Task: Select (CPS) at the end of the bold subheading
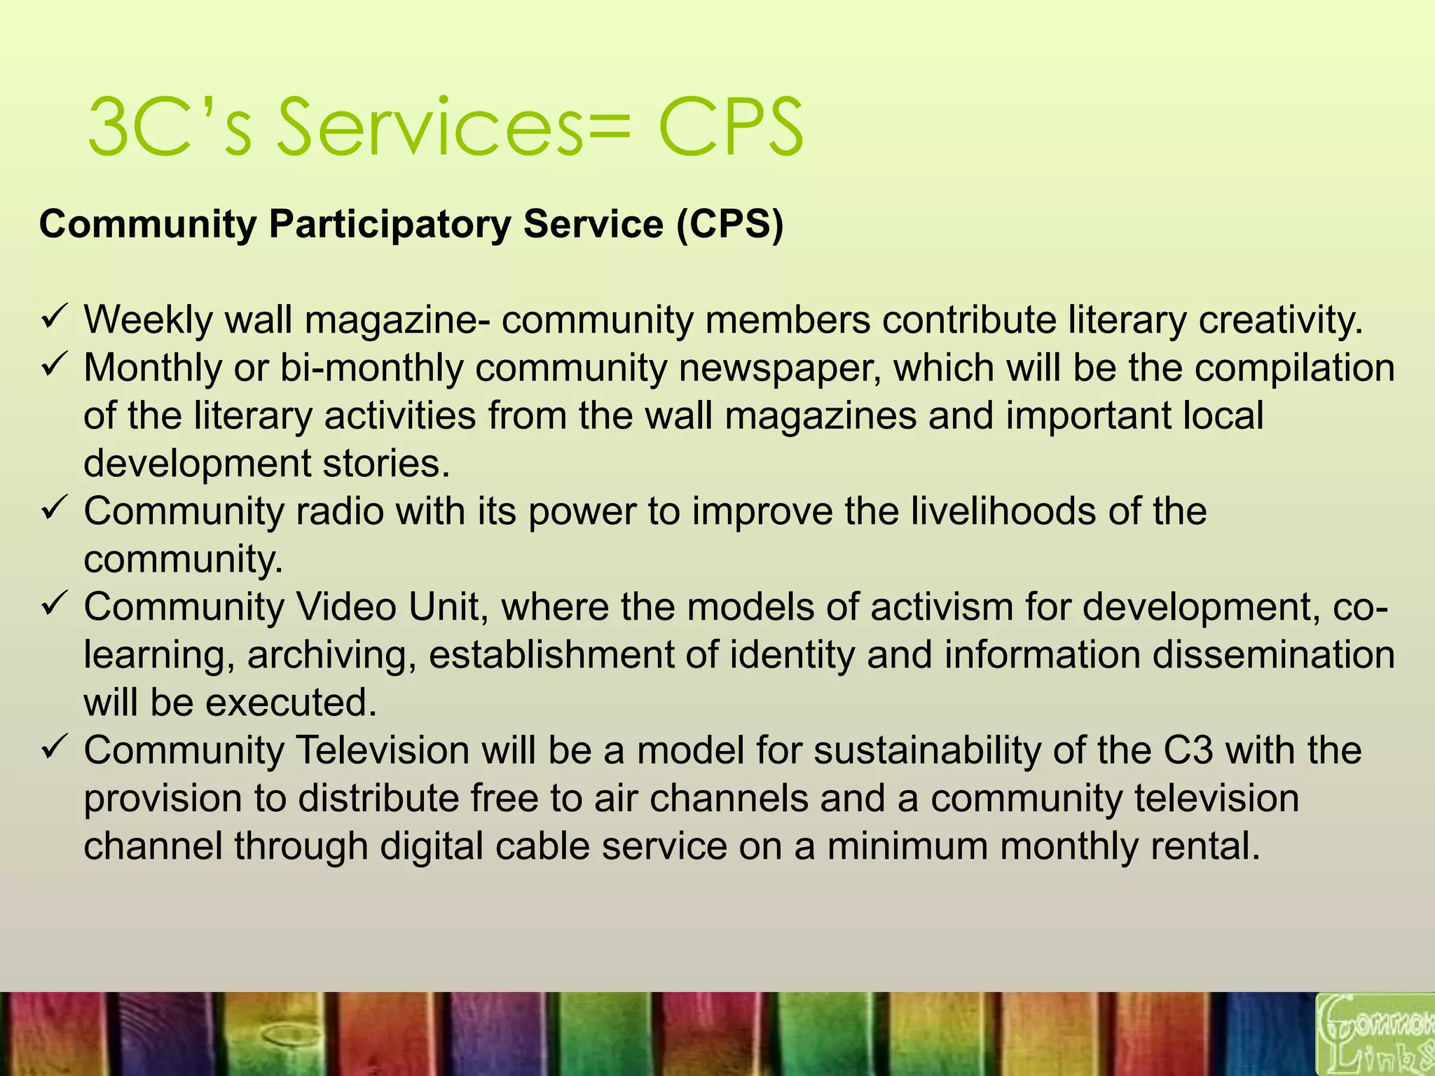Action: tap(729, 224)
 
